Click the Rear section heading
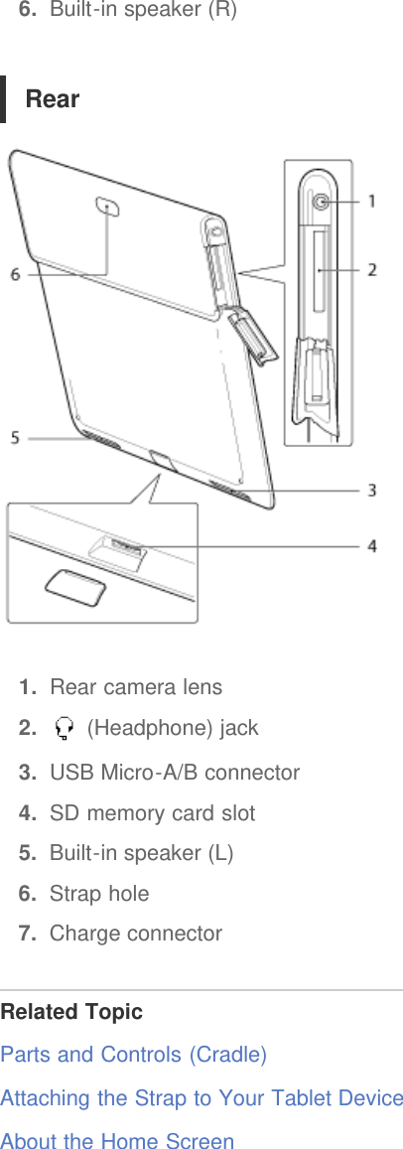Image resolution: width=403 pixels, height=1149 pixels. (x=53, y=99)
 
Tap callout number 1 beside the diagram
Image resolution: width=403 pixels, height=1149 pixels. (x=372, y=202)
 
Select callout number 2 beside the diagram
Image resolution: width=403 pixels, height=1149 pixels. (x=372, y=269)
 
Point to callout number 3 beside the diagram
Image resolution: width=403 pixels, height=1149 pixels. (x=372, y=490)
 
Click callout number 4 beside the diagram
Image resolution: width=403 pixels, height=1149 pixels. (x=372, y=545)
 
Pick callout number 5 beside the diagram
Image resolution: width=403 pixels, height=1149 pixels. (x=15, y=436)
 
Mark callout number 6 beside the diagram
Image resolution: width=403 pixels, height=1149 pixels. (x=15, y=274)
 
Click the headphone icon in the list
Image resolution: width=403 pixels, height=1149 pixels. (x=66, y=730)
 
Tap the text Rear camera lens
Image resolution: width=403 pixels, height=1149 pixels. (x=136, y=687)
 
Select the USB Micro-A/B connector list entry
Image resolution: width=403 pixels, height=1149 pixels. (x=175, y=773)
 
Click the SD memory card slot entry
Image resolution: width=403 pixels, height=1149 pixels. (x=152, y=813)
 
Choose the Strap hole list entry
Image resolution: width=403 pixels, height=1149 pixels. (x=99, y=894)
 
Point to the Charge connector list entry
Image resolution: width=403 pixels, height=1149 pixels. (x=136, y=934)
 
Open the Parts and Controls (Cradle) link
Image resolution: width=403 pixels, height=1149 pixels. (x=133, y=1055)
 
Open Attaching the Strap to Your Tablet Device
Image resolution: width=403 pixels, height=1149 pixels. (x=201, y=1098)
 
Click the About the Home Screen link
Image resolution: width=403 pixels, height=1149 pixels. (x=117, y=1141)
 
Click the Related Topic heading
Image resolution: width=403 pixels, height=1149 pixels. (x=71, y=1012)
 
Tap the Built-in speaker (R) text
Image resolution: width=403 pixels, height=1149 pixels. (x=143, y=12)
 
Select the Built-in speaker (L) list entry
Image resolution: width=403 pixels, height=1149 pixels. (x=141, y=853)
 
